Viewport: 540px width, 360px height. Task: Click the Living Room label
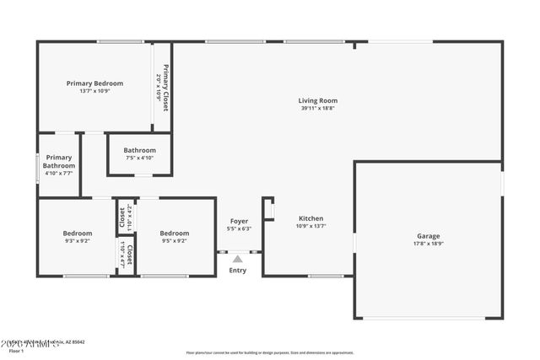point(317,100)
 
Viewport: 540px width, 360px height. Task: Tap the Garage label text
point(428,236)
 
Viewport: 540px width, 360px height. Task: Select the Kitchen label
point(311,218)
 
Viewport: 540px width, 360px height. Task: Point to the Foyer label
point(239,221)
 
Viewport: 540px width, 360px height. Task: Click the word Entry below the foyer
point(238,271)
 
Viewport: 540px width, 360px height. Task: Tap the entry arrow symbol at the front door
point(238,259)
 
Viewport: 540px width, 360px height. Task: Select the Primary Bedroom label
point(94,83)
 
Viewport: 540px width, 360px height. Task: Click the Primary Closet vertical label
point(166,88)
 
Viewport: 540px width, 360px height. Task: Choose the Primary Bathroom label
point(59,161)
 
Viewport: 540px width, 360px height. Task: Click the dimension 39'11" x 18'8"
point(317,108)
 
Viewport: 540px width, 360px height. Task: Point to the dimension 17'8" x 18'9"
point(428,244)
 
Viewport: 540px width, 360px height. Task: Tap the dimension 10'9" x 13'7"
point(311,225)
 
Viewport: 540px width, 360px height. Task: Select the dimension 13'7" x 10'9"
point(94,91)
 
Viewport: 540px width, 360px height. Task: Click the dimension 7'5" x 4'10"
point(139,158)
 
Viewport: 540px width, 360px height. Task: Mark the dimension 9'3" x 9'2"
point(77,241)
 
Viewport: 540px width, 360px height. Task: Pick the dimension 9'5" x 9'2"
point(175,241)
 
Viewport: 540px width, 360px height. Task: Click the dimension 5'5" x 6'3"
point(239,228)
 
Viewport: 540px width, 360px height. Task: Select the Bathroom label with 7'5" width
point(139,150)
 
